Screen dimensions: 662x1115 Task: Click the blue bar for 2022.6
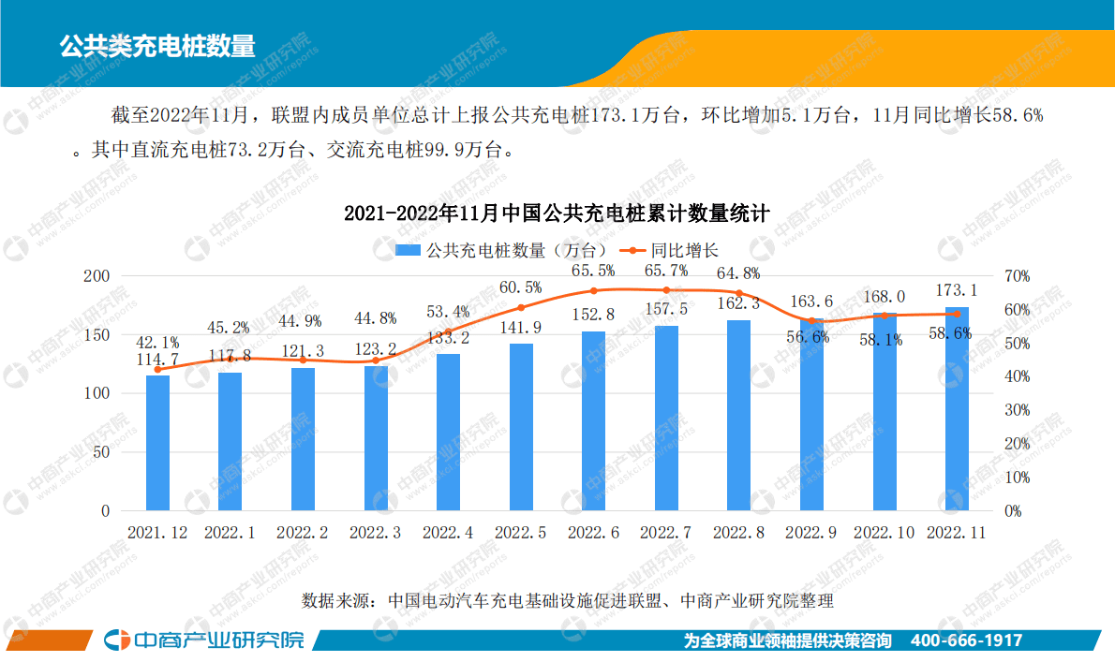click(593, 421)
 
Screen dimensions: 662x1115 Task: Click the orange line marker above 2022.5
click(521, 307)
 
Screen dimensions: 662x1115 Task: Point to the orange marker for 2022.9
click(811, 321)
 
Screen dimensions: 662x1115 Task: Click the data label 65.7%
click(666, 271)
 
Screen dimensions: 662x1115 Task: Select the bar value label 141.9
click(521, 328)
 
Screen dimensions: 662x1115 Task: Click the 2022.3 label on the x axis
click(375, 533)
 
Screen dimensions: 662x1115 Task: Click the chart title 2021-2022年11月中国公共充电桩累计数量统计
click(557, 213)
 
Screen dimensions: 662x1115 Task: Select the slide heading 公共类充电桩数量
click(156, 44)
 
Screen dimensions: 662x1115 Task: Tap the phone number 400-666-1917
click(966, 641)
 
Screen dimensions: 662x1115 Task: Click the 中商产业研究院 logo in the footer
click(204, 640)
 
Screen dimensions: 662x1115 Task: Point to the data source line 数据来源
click(567, 600)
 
